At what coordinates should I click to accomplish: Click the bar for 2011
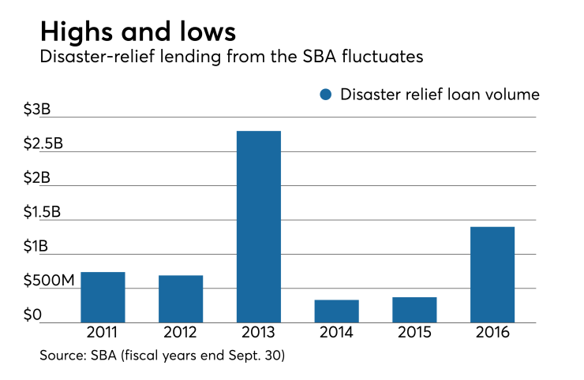[x=103, y=297]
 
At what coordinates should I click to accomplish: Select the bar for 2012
[x=181, y=299]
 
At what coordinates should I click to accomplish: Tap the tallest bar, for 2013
[x=258, y=226]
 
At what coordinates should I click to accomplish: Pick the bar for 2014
[x=336, y=311]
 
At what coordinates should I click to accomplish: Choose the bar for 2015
[x=414, y=310]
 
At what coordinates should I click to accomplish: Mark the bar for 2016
[x=492, y=274]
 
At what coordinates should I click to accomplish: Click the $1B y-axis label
[x=37, y=248]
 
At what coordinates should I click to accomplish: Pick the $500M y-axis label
[x=50, y=282]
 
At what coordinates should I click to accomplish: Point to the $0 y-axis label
[x=32, y=316]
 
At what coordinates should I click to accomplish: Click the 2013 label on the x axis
[x=258, y=333]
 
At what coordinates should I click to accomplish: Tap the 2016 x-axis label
[x=492, y=333]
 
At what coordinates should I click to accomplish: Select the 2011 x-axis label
[x=103, y=333]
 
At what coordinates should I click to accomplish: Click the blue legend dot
[x=325, y=95]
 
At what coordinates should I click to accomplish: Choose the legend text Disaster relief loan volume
[x=440, y=95]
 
